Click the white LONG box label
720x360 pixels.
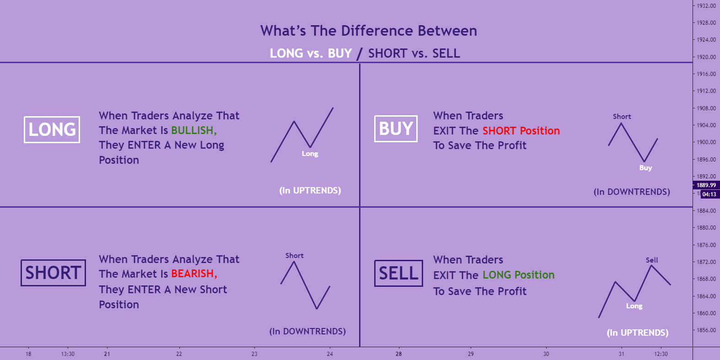(52, 129)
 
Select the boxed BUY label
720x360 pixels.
(396, 129)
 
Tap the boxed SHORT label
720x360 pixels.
(53, 273)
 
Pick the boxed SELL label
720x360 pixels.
(398, 273)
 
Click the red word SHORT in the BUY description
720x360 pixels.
(499, 131)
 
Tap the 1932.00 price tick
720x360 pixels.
(706, 5)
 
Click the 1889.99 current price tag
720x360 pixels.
(706, 185)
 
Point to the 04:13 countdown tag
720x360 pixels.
(709, 194)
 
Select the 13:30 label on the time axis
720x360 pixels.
(68, 354)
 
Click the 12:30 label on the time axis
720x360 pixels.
(661, 354)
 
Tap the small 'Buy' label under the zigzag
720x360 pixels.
(645, 168)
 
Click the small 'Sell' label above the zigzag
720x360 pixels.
(652, 260)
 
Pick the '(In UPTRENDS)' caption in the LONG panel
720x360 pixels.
(310, 190)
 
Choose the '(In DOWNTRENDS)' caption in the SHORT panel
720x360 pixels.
(307, 331)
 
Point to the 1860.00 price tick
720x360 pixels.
(706, 313)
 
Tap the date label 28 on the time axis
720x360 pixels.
(399, 354)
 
